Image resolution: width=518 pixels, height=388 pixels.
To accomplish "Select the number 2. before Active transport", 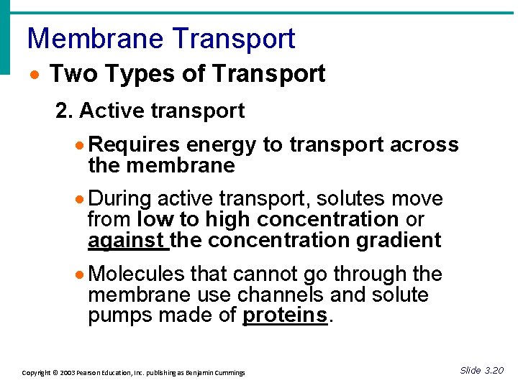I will click(x=65, y=111).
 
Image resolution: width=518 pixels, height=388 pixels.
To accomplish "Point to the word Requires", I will click(x=135, y=144).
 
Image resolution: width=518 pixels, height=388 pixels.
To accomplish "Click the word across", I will click(x=424, y=144).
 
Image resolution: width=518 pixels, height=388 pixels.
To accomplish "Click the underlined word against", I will click(x=127, y=240).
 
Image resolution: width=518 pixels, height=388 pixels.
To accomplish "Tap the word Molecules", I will click(x=137, y=274).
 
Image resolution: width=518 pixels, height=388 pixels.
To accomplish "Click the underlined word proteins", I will click(x=285, y=315).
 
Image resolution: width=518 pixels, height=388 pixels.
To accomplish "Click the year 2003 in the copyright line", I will click(x=67, y=373).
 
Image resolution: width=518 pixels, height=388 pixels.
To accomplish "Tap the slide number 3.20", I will click(x=494, y=371).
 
